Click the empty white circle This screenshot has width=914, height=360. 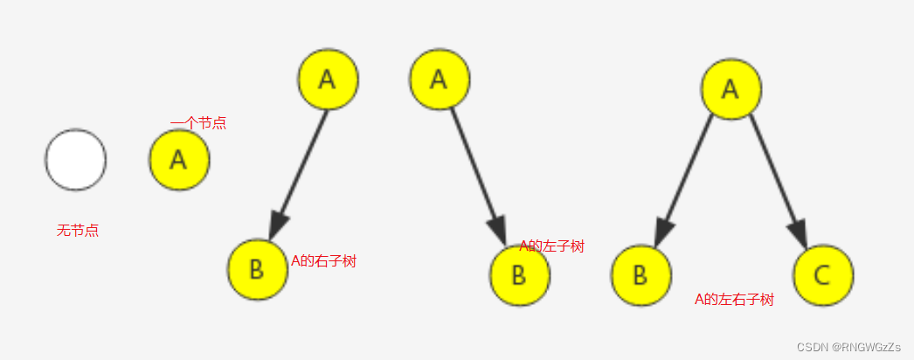tap(76, 160)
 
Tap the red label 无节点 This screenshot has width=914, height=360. tap(78, 231)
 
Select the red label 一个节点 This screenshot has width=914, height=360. tap(198, 123)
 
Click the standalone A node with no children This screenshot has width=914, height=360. tap(179, 160)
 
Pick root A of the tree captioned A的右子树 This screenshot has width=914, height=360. tap(328, 79)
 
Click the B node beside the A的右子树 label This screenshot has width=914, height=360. tap(257, 269)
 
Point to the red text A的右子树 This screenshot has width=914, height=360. tap(323, 261)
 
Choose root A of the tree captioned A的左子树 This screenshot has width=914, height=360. tap(440, 79)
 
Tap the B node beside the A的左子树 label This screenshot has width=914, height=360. tap(519, 275)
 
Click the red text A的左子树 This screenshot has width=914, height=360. tap(551, 246)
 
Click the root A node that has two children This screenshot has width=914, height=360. tap(731, 89)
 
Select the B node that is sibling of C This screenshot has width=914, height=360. tap(640, 275)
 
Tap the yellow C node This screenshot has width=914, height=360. tap(823, 275)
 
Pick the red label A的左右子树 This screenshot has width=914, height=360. tap(734, 300)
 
